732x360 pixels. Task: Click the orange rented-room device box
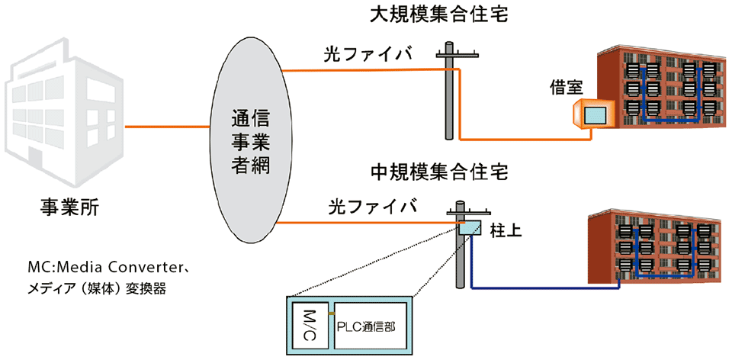(x=592, y=115)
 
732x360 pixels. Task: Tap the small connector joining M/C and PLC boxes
(x=330, y=313)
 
